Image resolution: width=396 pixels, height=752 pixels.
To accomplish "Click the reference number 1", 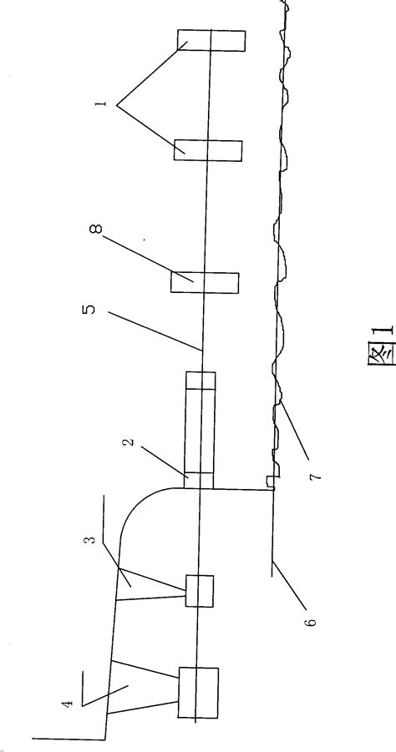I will [102, 103].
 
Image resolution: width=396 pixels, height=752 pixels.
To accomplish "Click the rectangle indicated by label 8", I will [205, 283].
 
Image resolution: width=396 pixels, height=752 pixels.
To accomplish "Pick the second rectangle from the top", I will [208, 150].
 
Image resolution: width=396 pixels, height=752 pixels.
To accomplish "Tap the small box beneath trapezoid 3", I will [199, 591].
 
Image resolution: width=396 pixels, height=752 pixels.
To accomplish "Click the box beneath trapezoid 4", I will [198, 693].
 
